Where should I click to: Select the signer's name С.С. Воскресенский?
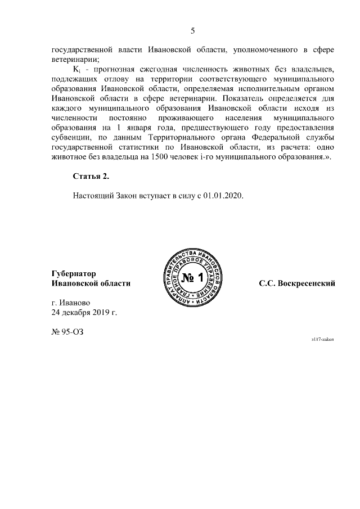pos(297,283)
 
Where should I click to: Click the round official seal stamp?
pos(192,278)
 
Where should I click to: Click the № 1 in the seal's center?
pos(192,278)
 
